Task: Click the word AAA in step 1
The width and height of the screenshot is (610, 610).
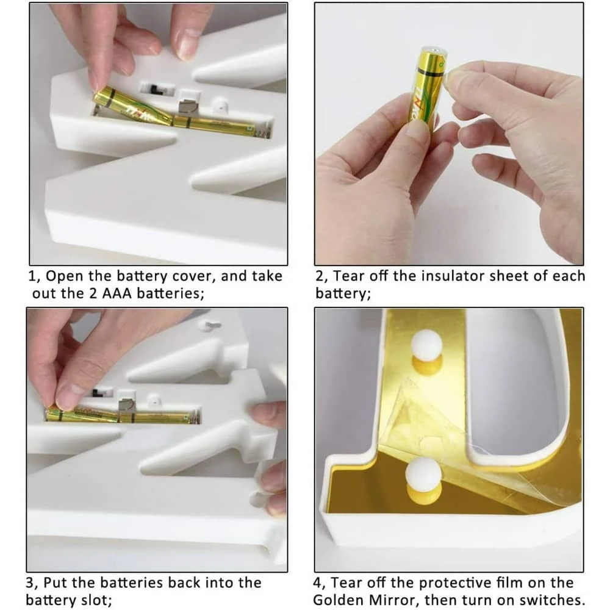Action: tap(117, 293)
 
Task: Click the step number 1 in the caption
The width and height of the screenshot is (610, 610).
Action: tap(32, 276)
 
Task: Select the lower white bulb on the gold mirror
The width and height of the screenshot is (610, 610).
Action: tap(423, 475)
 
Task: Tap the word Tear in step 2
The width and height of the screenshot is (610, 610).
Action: tap(349, 276)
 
